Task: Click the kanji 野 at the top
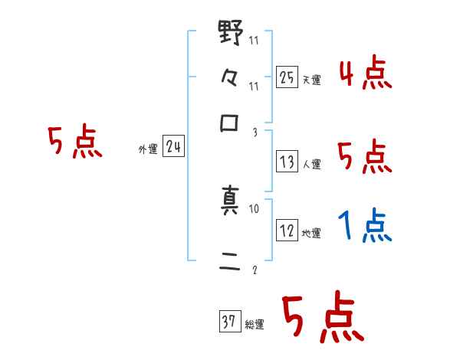pyautogui.click(x=231, y=35)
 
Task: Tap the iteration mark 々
pyautogui.click(x=230, y=80)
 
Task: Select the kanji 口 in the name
pyautogui.click(x=230, y=124)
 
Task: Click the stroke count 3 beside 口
pyautogui.click(x=254, y=133)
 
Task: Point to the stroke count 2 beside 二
pyautogui.click(x=254, y=270)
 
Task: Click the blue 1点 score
pyautogui.click(x=365, y=227)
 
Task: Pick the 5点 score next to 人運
pyautogui.click(x=365, y=157)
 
